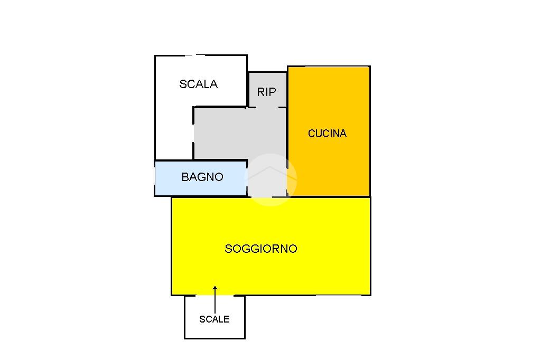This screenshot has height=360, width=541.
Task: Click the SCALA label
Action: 198,84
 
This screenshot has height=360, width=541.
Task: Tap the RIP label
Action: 266,92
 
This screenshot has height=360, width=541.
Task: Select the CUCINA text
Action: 327,134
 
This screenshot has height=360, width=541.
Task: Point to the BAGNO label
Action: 202,177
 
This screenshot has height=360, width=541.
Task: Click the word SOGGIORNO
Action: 261,249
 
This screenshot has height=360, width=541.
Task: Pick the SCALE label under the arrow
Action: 214,319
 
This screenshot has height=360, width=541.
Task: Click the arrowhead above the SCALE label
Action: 215,288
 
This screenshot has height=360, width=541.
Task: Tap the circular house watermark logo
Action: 270,179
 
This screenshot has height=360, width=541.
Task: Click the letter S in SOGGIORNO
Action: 228,249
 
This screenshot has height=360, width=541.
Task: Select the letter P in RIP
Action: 273,92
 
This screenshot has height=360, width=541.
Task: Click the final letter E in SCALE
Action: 227,319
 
